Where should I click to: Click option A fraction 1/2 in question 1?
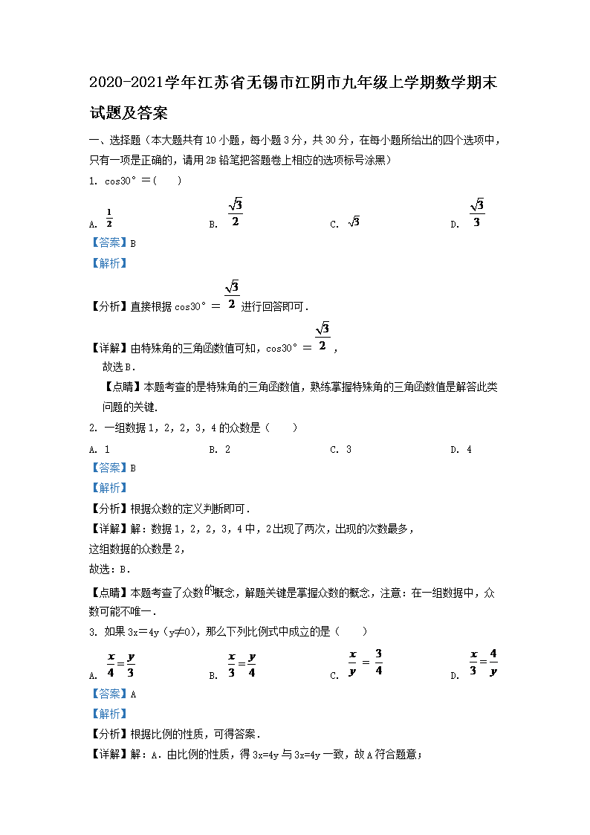(108, 219)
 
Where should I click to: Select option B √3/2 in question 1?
(235, 213)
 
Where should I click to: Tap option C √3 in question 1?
(354, 222)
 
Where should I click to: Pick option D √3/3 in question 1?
(477, 213)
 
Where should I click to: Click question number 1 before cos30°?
(92, 181)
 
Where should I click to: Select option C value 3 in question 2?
(349, 449)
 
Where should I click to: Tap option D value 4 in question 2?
(469, 449)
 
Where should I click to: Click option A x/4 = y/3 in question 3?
(121, 664)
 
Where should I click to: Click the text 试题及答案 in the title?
(128, 113)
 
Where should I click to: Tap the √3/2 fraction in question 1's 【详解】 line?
(322, 338)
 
